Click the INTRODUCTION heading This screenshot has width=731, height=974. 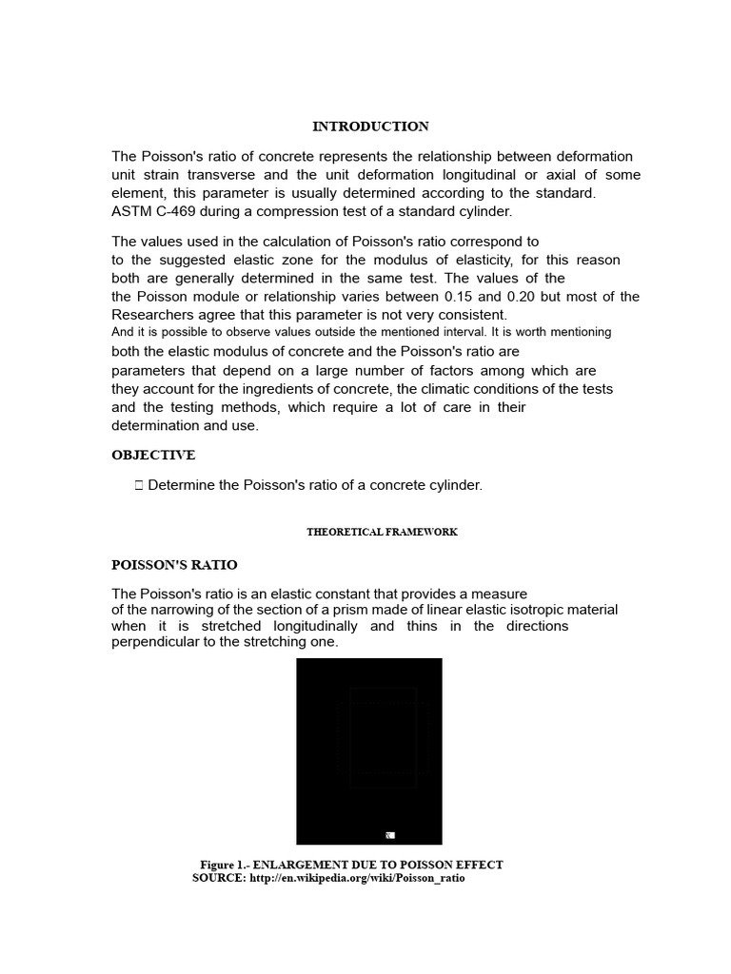(x=371, y=126)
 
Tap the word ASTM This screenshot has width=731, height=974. (x=131, y=210)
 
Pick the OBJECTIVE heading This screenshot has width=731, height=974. (x=153, y=456)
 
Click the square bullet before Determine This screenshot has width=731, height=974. (x=139, y=485)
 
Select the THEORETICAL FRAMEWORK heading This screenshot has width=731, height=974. (x=382, y=532)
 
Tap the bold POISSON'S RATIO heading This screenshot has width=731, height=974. (x=174, y=565)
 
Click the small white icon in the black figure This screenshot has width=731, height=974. (x=389, y=835)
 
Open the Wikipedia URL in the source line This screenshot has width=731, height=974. (x=357, y=878)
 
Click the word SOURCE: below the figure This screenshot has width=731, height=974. (x=219, y=878)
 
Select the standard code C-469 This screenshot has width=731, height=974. (x=175, y=210)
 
